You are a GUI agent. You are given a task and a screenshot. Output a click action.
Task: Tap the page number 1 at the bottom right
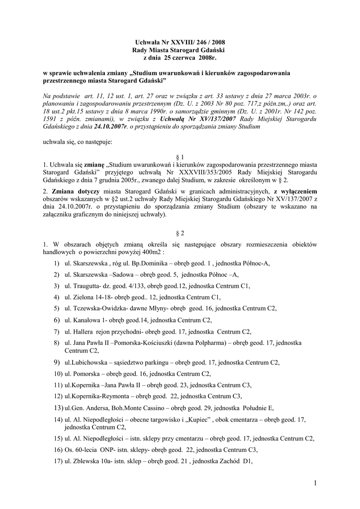[x=316, y=482]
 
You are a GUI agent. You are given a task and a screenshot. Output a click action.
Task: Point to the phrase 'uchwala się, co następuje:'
[x=78, y=142]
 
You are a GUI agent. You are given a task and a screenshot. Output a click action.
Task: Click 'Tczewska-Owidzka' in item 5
[x=98, y=308]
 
